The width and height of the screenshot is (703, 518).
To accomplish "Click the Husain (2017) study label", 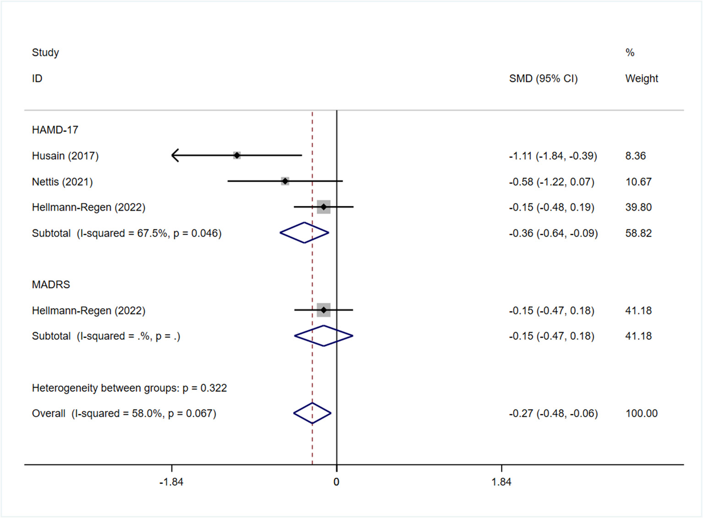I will pos(65,156).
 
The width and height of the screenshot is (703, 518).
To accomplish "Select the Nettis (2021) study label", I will pos(62,182).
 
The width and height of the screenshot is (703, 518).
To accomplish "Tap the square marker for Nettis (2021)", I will pos(285,182).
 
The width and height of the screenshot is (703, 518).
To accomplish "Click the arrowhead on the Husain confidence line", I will pos(174,155).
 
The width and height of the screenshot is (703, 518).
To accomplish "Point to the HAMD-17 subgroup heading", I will pos(55,130).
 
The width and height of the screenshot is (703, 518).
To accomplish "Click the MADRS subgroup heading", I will pos(51,285).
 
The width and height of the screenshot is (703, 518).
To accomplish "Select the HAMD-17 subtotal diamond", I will pos(304,233).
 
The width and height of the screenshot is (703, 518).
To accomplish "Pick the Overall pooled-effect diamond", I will pos(312,413).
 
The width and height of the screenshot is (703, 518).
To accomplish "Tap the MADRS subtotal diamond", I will pos(323,336).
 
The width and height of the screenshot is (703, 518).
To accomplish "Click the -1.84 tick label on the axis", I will pos(171,482).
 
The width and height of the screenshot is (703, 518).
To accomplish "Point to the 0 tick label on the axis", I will pos(336,482).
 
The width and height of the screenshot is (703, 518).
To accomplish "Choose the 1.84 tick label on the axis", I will pos(501,482).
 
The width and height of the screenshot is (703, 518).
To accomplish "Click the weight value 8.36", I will pos(635,156).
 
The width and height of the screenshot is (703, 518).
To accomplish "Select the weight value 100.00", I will pos(641,413).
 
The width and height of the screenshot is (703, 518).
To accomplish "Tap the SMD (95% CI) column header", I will pos(543,79).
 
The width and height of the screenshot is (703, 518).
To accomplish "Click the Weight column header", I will pos(641,79).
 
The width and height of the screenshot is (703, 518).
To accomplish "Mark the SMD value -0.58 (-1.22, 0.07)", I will pos(551,182).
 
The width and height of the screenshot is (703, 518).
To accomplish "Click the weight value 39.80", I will pos(638,207).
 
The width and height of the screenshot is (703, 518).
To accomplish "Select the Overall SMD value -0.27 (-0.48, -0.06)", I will pos(553,413).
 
